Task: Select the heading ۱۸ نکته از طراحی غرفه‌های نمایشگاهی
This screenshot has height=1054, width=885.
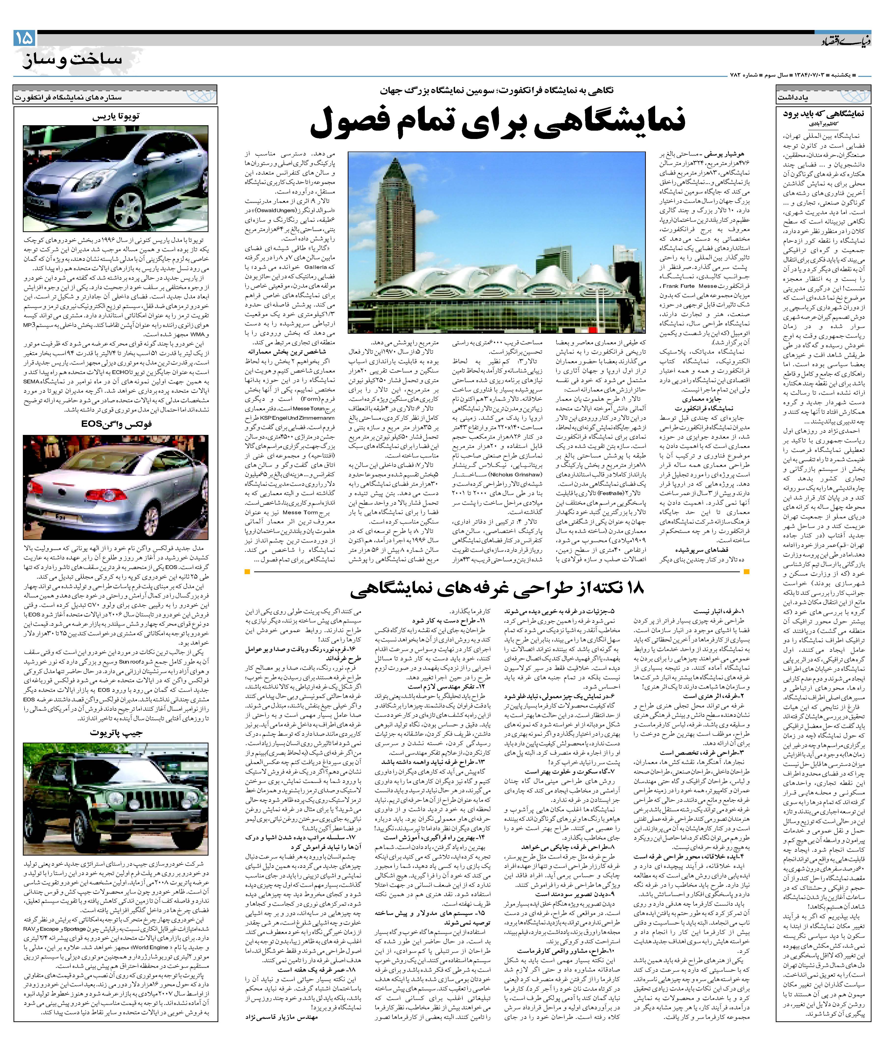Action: pyautogui.click(x=497, y=589)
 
